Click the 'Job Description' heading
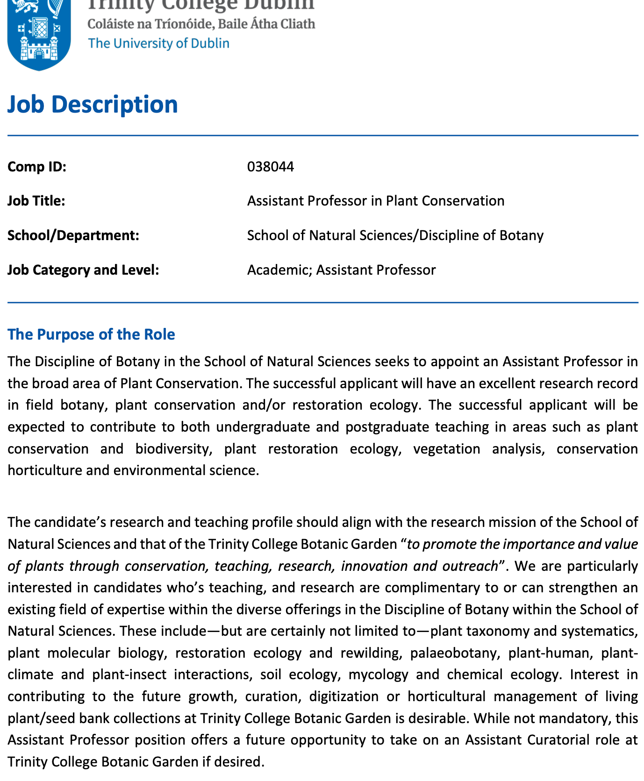click(x=93, y=104)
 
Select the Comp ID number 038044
click(x=271, y=167)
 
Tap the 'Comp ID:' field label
click(x=37, y=167)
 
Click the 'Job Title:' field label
click(x=36, y=201)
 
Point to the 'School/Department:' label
click(x=73, y=235)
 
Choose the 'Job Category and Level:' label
click(x=83, y=270)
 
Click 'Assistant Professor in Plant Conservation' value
click(x=375, y=201)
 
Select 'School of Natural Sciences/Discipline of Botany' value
click(x=395, y=235)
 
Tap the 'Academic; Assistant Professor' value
click(x=341, y=270)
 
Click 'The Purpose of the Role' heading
click(x=91, y=334)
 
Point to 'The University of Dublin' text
click(x=158, y=43)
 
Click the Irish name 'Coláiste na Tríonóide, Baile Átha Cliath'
click(x=201, y=24)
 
